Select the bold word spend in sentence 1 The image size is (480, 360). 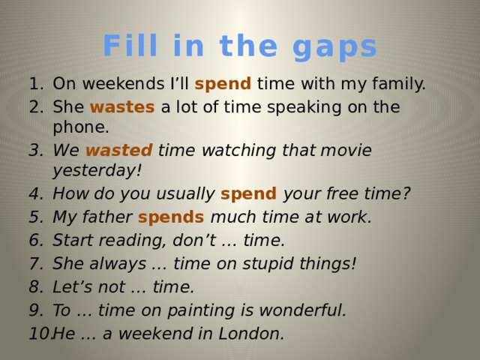(223, 83)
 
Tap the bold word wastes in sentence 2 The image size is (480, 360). (122, 107)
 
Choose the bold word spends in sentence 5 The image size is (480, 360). (171, 217)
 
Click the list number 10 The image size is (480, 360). (37, 334)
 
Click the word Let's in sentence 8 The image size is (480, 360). (73, 287)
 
